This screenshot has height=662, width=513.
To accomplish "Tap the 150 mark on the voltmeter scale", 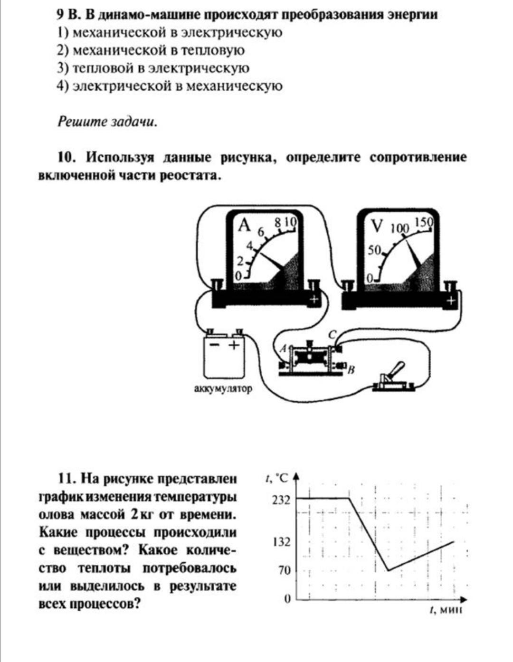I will coord(424,222).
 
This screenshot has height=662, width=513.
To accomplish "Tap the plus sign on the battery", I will coord(234,345).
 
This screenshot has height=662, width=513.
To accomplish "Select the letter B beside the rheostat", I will coord(352,369).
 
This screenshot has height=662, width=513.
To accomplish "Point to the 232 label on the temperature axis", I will coord(281,499).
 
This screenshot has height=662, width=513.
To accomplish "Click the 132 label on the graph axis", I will coord(281,542).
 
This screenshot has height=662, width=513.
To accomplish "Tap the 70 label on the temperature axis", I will coord(284,570).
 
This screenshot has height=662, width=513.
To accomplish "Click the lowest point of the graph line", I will coord(389,570).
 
